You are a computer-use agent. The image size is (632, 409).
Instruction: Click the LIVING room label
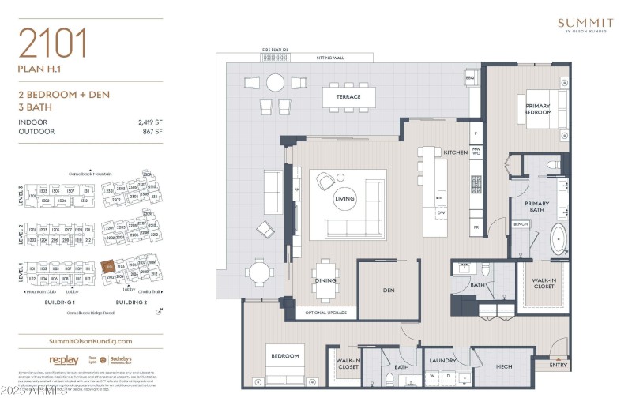point(345,199)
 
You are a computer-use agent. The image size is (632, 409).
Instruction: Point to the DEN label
point(388,290)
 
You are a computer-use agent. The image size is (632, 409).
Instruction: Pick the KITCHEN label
point(455,152)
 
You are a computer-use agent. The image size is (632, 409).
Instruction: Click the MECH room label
point(503,366)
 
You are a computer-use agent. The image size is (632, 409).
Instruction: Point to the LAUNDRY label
point(442,361)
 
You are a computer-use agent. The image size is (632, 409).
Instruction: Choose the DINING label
point(325,280)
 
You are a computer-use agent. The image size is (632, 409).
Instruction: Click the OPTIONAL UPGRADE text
point(325,313)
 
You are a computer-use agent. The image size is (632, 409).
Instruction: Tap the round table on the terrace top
point(275,82)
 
